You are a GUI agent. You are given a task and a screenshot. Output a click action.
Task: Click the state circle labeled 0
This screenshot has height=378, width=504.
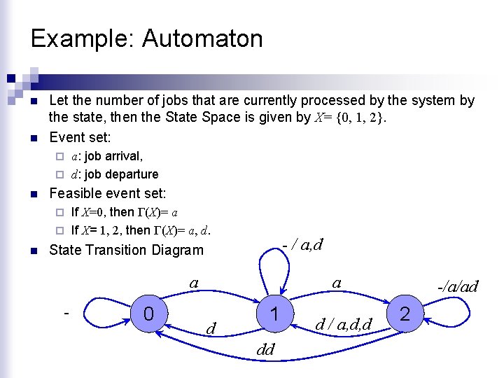point(148,314)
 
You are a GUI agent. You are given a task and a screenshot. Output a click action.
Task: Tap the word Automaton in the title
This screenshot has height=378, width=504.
point(202,38)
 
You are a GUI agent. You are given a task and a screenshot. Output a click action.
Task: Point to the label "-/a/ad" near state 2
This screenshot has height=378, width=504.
point(457,286)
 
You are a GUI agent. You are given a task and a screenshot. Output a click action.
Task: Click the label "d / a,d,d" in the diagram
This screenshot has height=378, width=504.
point(344,323)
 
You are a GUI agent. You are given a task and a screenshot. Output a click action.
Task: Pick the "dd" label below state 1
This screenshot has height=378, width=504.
point(265,349)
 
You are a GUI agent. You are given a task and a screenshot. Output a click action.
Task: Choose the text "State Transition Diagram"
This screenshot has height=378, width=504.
point(126,250)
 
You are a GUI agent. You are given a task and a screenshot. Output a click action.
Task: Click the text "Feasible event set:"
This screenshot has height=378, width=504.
point(108,192)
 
